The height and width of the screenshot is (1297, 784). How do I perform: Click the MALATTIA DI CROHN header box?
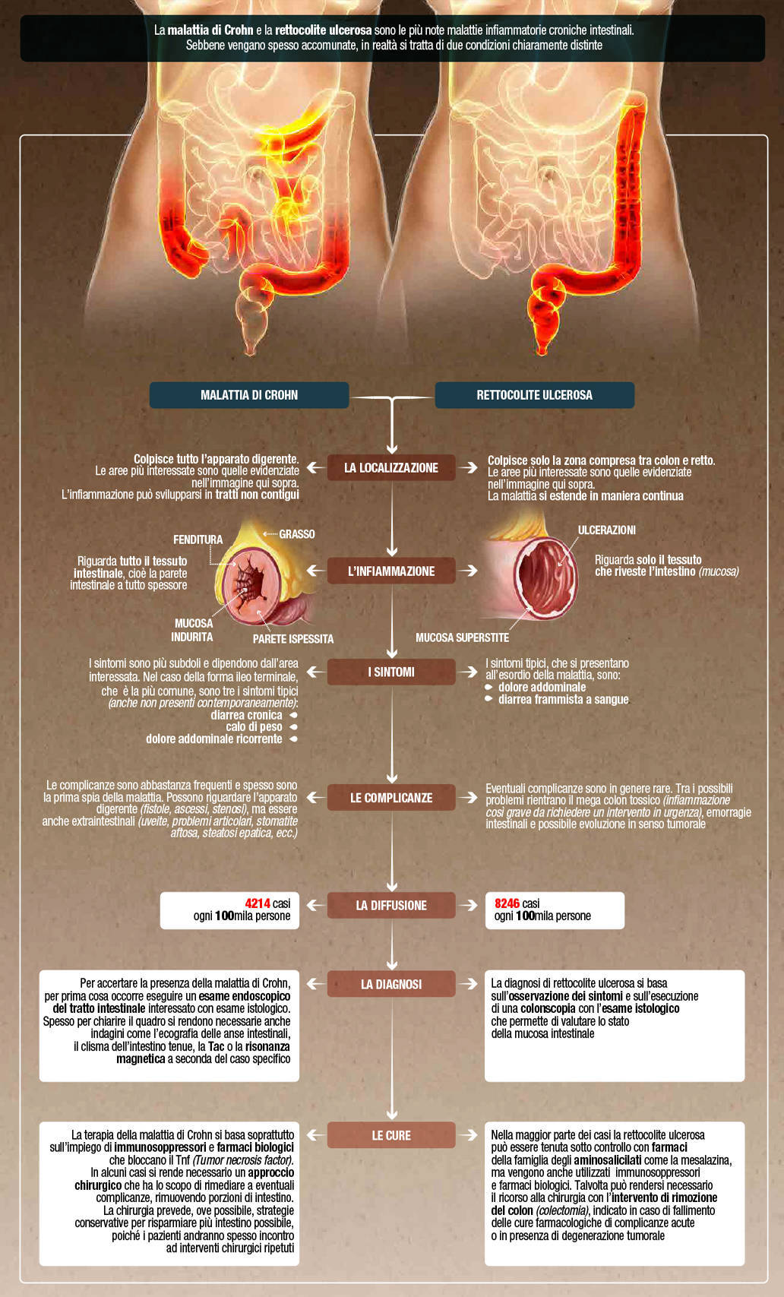click(249, 395)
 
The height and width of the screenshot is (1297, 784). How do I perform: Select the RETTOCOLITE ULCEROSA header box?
click(534, 395)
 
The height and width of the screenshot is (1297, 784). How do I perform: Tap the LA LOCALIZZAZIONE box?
click(391, 468)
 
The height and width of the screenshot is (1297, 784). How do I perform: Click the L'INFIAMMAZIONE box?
click(391, 571)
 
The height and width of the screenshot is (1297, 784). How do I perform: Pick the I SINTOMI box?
click(391, 672)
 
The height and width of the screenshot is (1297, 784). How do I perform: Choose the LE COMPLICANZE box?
click(391, 798)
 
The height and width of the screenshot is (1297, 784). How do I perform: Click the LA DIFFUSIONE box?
click(391, 906)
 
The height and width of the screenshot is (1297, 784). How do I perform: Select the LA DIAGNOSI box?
click(391, 984)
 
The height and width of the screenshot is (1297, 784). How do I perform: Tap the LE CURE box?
click(391, 1135)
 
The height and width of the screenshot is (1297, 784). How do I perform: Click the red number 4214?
click(258, 904)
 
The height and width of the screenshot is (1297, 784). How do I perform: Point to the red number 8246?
click(507, 904)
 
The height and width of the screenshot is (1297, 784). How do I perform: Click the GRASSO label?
click(297, 534)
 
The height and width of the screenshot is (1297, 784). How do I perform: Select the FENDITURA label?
click(198, 539)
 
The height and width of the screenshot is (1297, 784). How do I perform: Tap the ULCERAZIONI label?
click(607, 530)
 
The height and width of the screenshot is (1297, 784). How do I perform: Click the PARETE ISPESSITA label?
click(293, 639)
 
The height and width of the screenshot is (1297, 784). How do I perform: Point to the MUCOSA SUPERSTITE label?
click(462, 638)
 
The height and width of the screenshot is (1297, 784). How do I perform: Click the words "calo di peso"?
click(254, 727)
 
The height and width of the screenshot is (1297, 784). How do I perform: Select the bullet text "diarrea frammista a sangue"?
click(564, 700)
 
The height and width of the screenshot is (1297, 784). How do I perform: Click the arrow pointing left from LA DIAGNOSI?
click(315, 984)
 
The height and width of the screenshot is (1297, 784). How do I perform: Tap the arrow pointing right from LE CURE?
click(469, 1135)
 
